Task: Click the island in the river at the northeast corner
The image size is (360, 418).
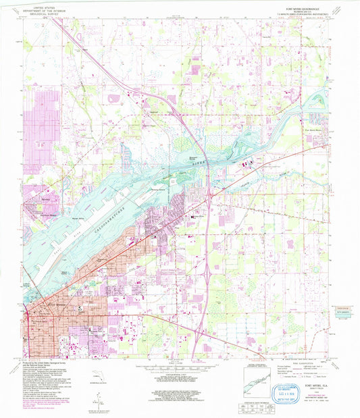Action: pyautogui.click(x=316, y=101)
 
